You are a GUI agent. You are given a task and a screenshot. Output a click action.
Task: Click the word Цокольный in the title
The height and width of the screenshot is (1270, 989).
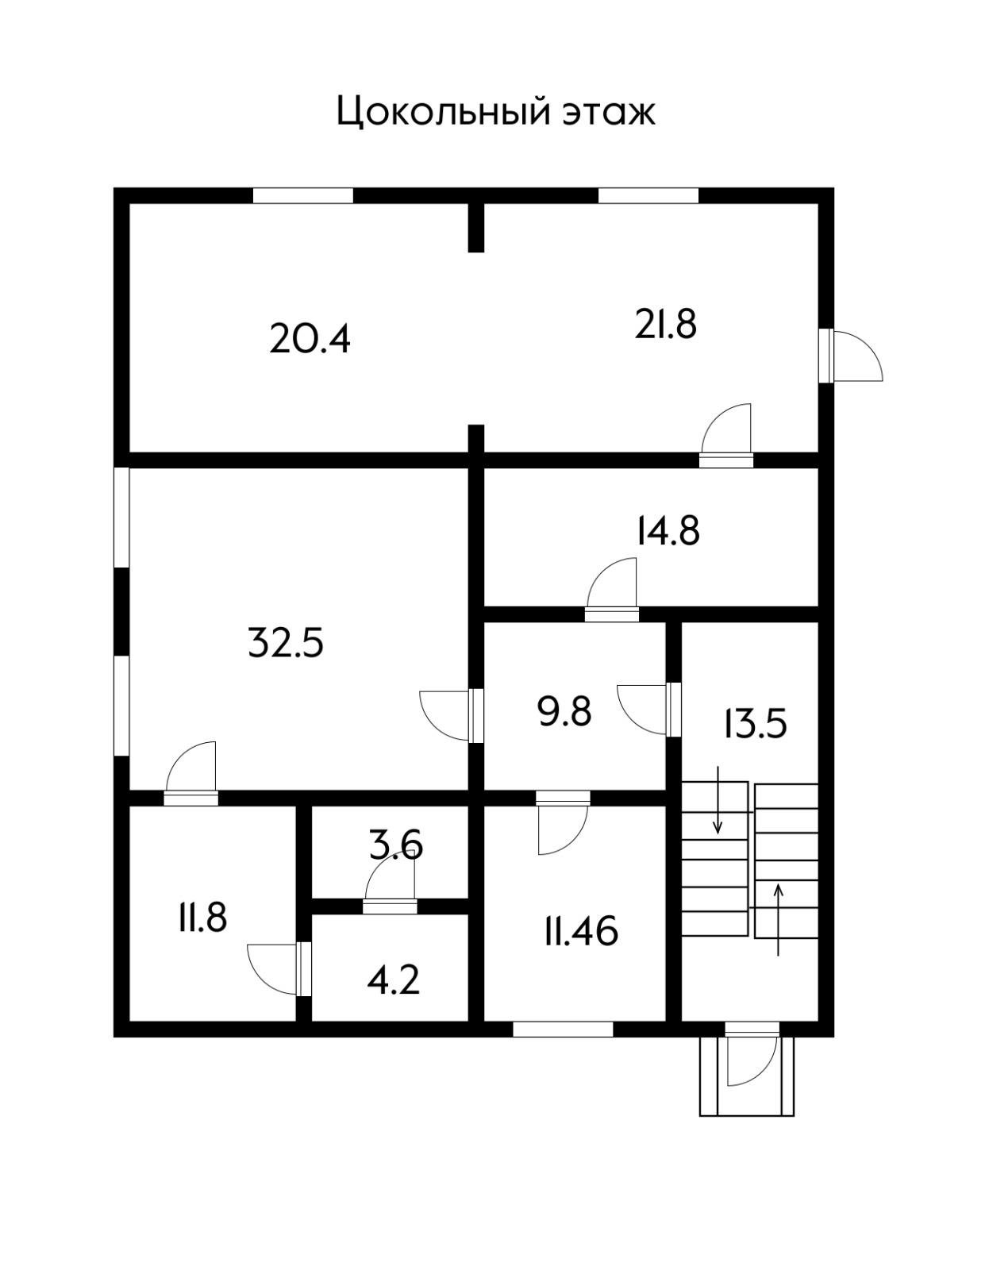[x=444, y=112]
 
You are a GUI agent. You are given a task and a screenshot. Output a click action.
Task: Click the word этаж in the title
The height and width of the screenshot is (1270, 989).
[x=609, y=114]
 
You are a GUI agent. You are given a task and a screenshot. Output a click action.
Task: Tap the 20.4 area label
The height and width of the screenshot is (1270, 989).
[x=310, y=340]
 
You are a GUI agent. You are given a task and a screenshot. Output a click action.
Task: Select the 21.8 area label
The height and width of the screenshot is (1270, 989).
[x=665, y=325]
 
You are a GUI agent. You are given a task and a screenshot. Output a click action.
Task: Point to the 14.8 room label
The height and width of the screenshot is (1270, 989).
[x=668, y=531]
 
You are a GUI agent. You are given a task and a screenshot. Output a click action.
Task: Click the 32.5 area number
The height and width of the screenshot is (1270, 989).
[x=286, y=643]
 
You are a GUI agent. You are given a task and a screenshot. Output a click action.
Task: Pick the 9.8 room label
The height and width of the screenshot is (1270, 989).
[x=565, y=713]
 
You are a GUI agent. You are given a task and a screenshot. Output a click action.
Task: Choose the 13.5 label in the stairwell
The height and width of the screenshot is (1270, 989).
[x=756, y=724]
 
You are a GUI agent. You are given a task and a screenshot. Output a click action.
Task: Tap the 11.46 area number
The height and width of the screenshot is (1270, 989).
[x=581, y=932]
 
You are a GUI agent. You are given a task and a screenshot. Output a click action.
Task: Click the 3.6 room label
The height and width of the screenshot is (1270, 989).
[x=395, y=845]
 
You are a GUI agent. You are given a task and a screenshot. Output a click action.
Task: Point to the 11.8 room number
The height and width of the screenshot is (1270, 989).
[x=203, y=918]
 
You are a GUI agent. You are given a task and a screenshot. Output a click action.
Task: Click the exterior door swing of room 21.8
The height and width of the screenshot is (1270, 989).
[x=857, y=356]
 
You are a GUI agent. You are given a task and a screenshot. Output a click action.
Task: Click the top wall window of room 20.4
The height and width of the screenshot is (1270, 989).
[x=303, y=196]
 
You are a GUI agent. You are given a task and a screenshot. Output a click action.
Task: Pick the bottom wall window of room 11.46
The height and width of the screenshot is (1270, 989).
[x=563, y=1029]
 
